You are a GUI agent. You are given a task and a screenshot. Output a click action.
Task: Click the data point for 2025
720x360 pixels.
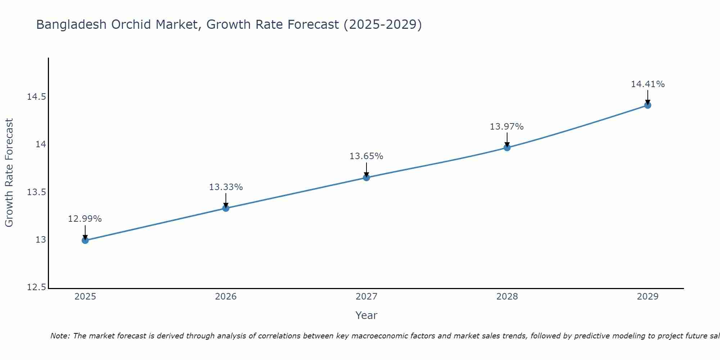(x=85, y=240)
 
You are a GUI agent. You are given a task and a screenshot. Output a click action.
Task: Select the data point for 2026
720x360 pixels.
(x=226, y=208)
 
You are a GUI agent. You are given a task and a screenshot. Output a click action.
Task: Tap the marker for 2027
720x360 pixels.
(x=366, y=177)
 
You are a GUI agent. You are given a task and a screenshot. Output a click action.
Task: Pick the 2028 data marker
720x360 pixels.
(x=507, y=147)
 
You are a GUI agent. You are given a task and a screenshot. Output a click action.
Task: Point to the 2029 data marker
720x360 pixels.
(x=648, y=105)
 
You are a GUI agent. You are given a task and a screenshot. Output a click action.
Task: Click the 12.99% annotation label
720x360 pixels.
(x=85, y=219)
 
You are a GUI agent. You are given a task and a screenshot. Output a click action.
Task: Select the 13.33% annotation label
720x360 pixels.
(x=226, y=187)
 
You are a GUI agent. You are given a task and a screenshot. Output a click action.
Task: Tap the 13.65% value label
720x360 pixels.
(x=366, y=156)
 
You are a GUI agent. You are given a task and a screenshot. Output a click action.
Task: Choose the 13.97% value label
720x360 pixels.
(x=507, y=127)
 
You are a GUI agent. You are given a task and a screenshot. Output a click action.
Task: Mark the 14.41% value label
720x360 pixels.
(x=648, y=84)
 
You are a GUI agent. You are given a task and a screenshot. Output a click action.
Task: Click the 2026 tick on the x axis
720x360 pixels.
(x=226, y=297)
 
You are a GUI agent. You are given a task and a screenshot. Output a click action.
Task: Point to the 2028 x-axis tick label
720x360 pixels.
(x=507, y=297)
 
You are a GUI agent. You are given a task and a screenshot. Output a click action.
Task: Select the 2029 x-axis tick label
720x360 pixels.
(x=648, y=297)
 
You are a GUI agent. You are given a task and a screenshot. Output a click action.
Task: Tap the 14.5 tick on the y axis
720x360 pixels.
(x=36, y=97)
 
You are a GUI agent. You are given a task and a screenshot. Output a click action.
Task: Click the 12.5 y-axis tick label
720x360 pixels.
(x=36, y=287)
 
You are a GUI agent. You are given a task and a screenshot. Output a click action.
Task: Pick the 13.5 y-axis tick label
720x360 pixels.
(x=36, y=192)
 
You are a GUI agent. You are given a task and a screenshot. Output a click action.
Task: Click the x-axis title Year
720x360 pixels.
(x=366, y=315)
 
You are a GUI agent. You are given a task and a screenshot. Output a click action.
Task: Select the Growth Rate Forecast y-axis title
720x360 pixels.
(x=9, y=172)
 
